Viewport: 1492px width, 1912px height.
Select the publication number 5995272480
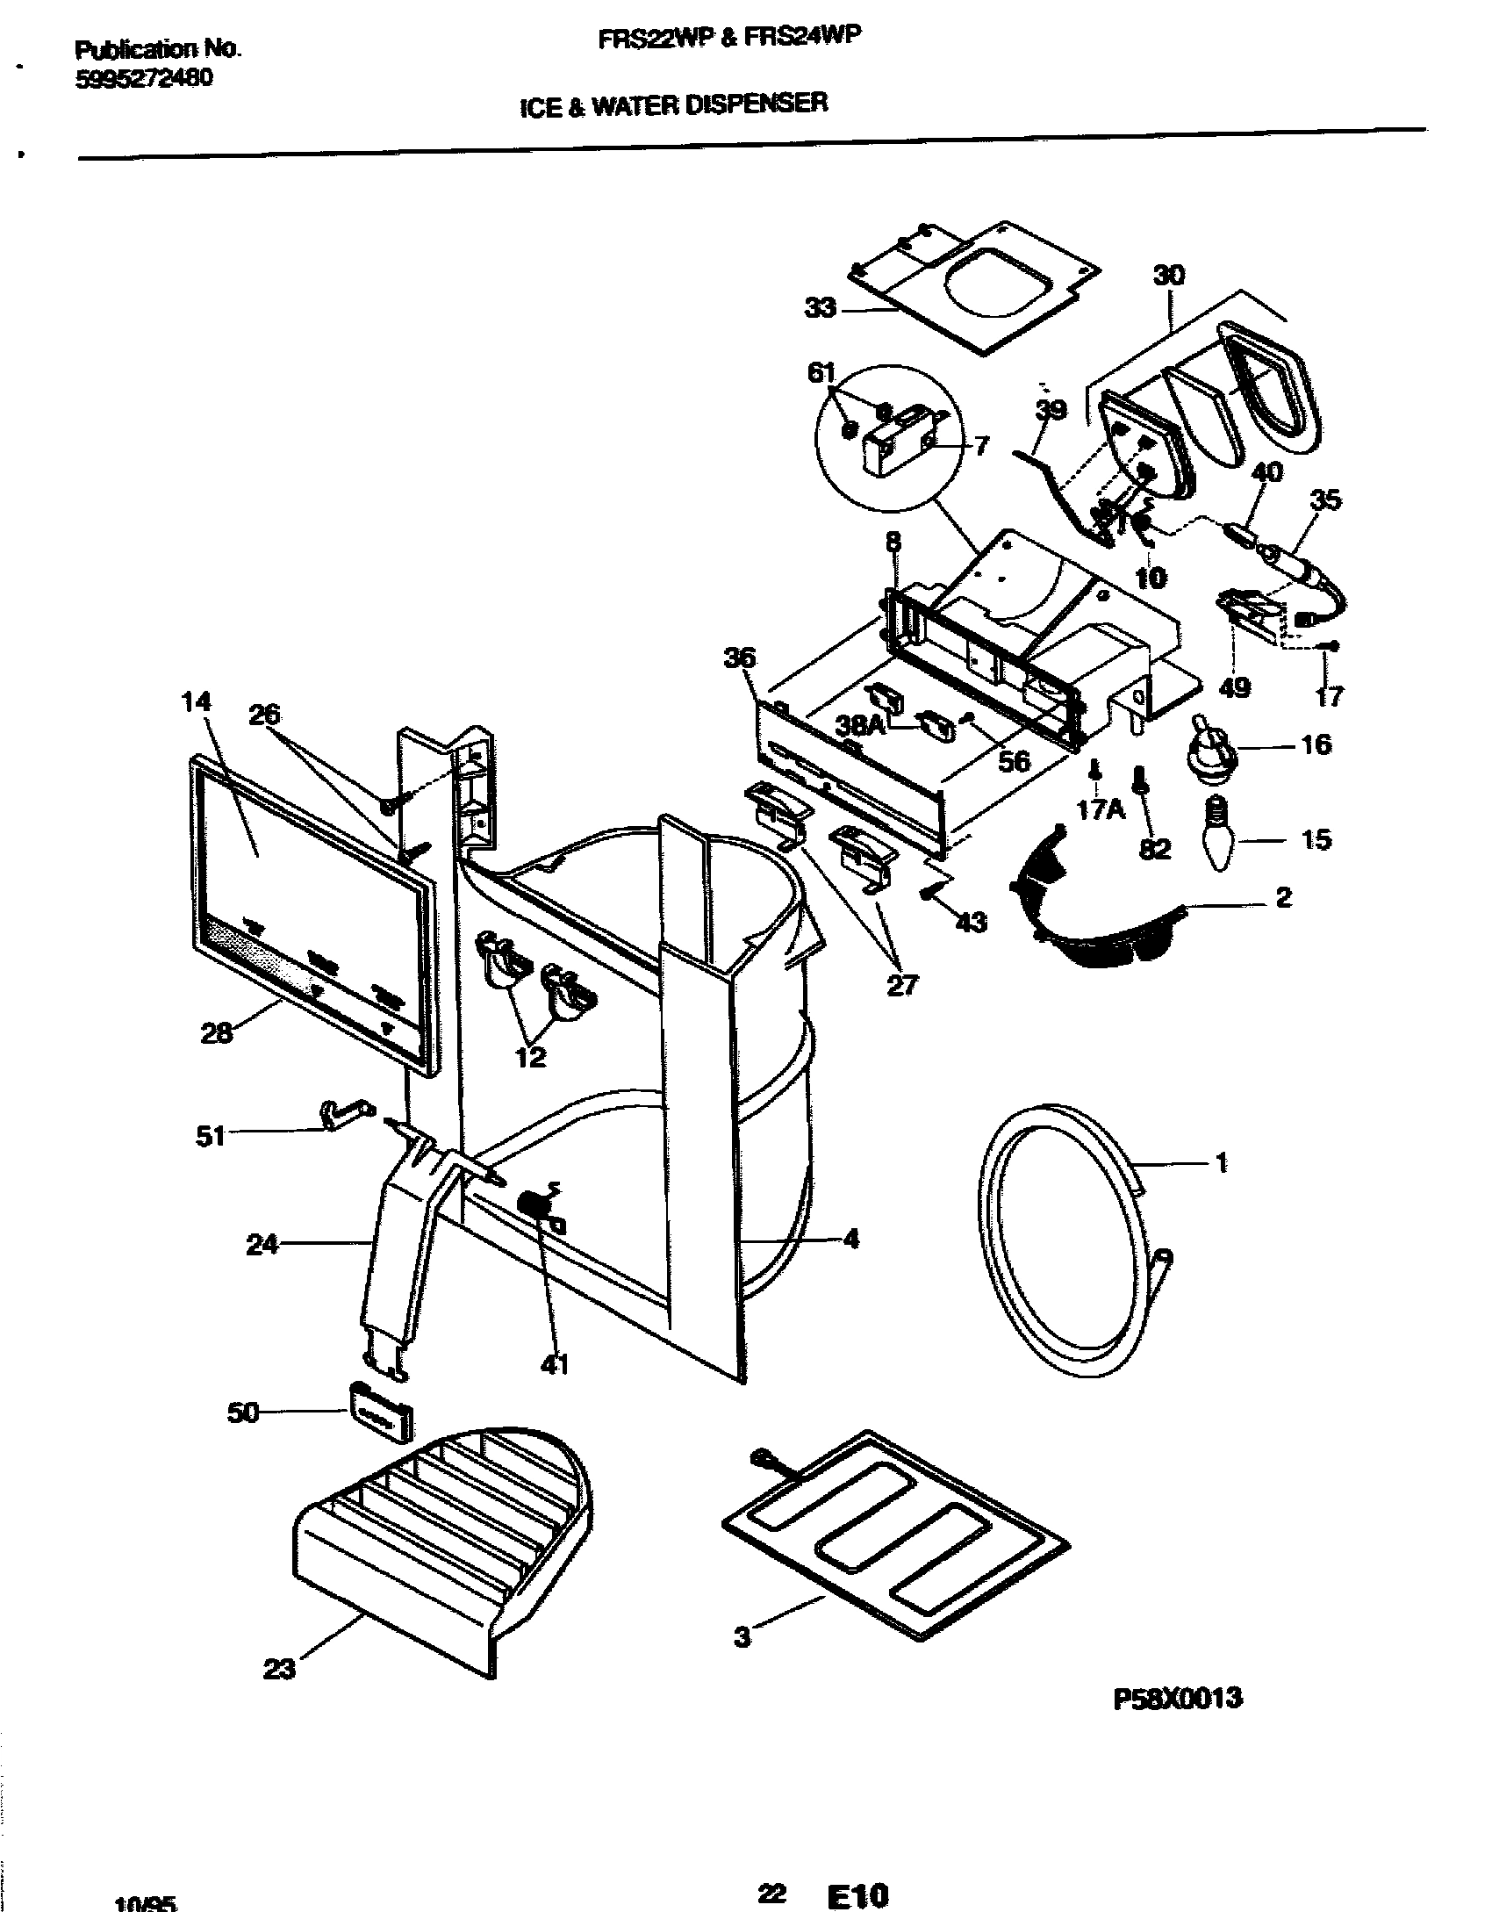click(143, 79)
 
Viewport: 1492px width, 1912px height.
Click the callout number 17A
click(1101, 809)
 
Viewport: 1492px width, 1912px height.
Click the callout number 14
click(197, 701)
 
